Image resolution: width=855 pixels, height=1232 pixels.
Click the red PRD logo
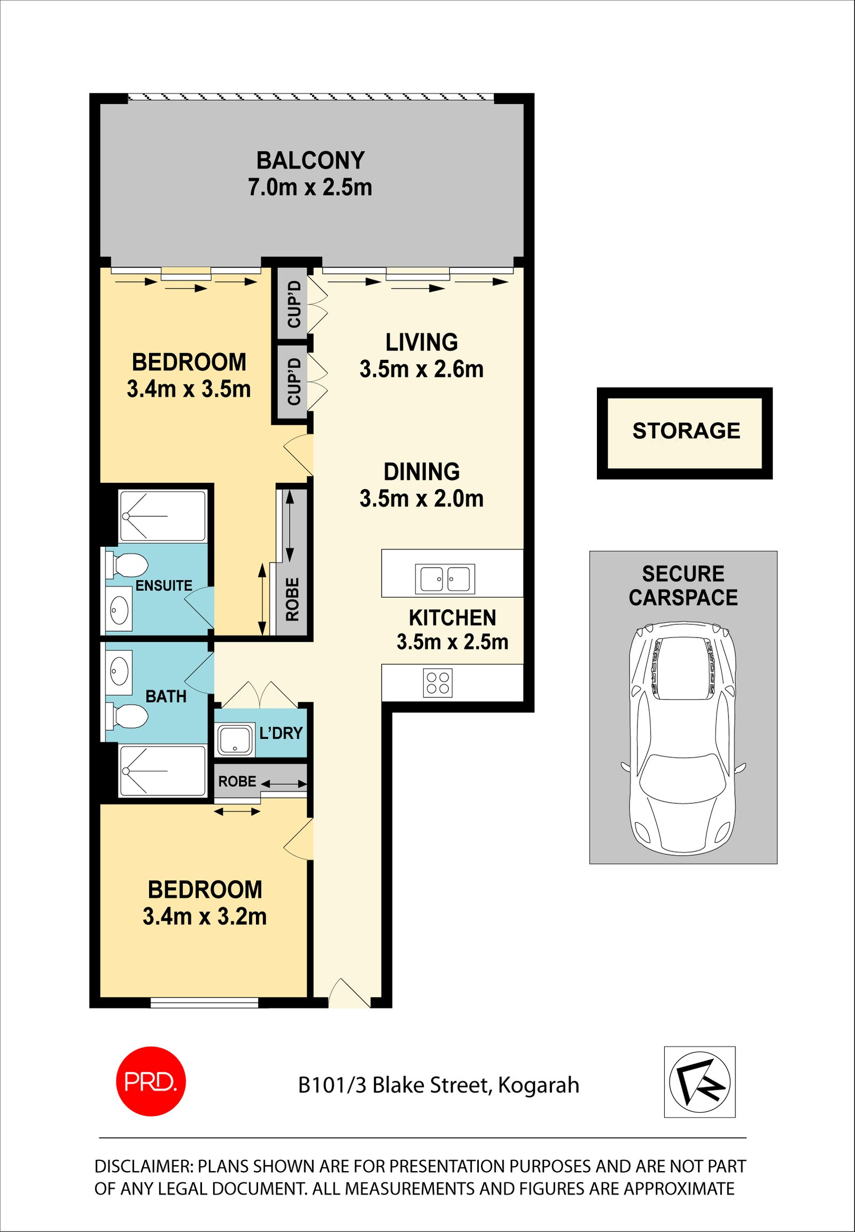tap(151, 1081)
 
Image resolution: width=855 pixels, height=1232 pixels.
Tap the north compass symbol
tap(699, 1082)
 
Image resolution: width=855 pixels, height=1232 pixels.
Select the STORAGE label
tap(686, 431)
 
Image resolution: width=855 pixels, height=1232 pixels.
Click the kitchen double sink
tap(445, 579)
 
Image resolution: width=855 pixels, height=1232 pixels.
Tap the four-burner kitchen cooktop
tap(438, 683)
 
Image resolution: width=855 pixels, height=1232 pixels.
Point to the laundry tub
tap(235, 740)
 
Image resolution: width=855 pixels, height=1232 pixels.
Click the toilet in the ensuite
tap(127, 566)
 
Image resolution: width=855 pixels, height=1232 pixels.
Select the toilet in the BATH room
tap(127, 716)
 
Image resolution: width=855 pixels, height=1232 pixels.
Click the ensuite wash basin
tap(119, 608)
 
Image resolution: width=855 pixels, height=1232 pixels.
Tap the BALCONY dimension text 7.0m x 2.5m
tap(309, 188)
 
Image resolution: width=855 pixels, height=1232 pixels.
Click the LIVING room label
tap(422, 343)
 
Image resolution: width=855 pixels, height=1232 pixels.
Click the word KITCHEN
tap(453, 618)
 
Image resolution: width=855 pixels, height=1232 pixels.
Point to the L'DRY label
tap(281, 733)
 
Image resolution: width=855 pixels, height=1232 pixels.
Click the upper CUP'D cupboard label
tap(294, 304)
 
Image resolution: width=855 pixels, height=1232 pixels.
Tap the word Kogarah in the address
tap(539, 1086)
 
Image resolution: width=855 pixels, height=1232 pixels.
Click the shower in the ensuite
tap(162, 516)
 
